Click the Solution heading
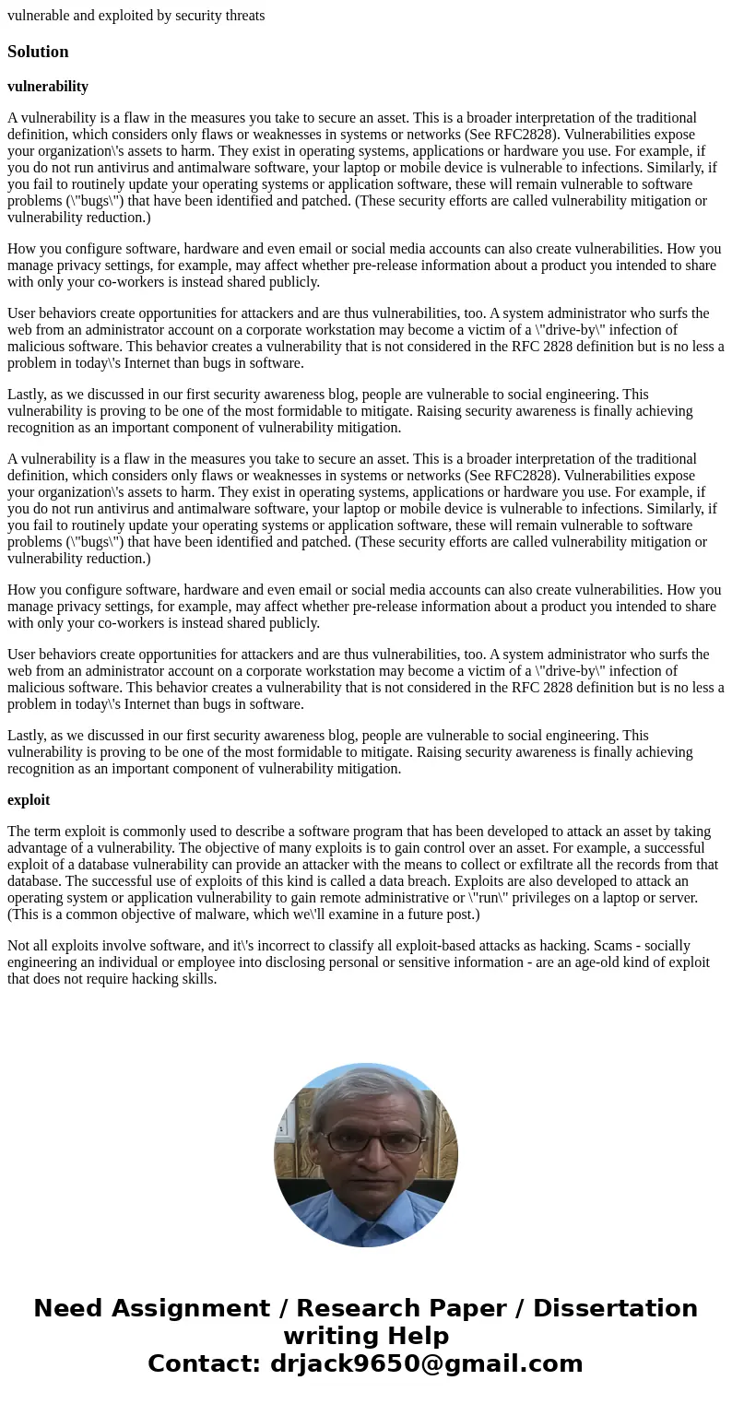tap(38, 52)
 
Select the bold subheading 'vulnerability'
tap(48, 87)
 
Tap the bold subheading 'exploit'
tap(29, 800)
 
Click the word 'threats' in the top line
tap(242, 16)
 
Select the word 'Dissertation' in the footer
tap(615, 1308)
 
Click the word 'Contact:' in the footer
tap(205, 1363)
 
